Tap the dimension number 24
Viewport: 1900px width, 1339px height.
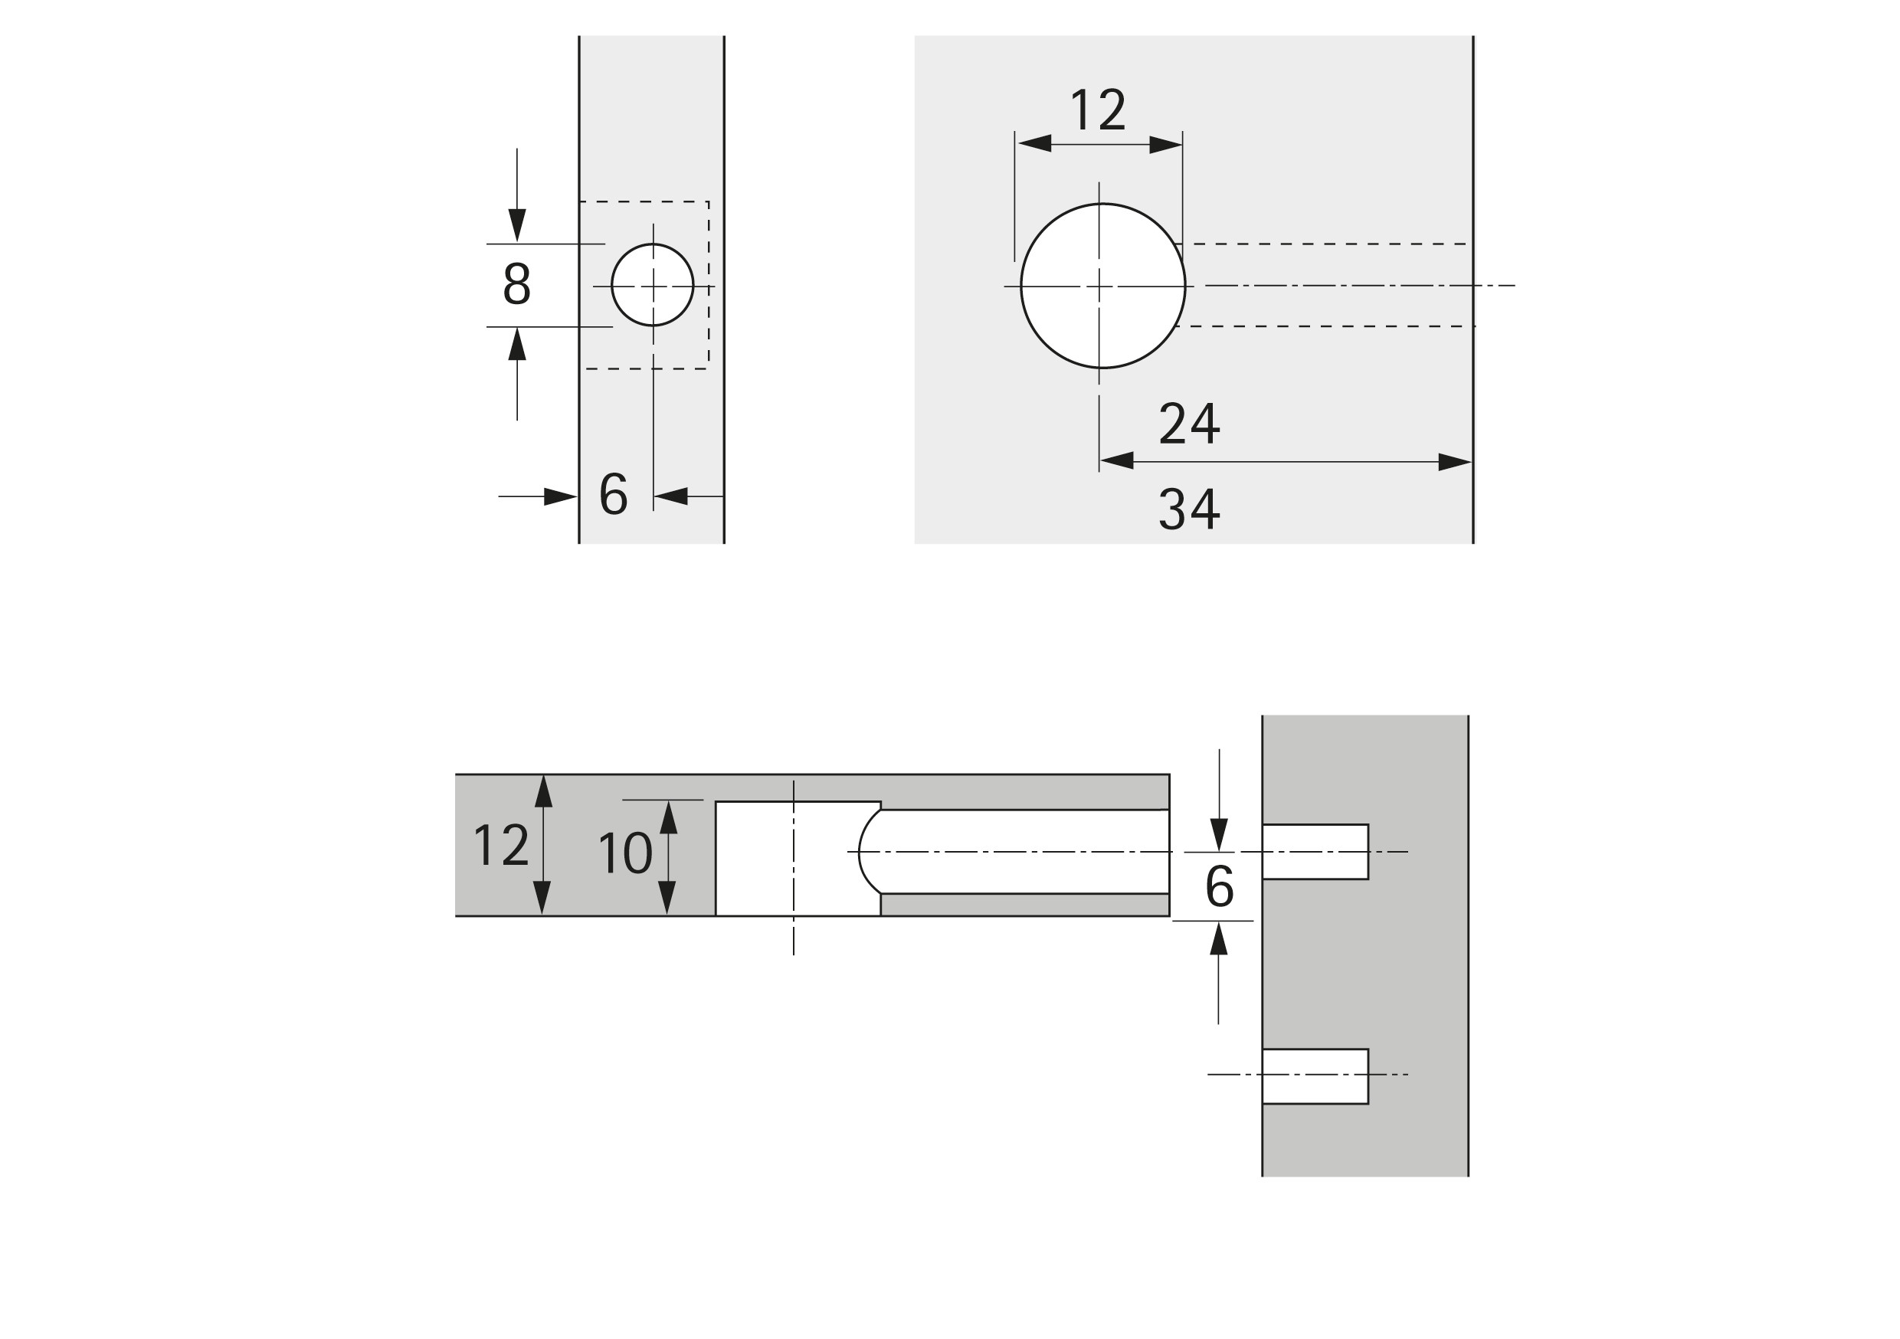click(1189, 424)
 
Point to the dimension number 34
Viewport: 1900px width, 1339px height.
click(1189, 508)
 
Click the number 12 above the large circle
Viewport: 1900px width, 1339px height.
click(1098, 110)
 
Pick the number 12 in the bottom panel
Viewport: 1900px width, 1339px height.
click(500, 845)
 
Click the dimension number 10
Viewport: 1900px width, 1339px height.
click(625, 853)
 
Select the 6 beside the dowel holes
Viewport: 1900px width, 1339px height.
click(1219, 886)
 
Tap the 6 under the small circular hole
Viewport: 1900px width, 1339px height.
click(613, 493)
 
